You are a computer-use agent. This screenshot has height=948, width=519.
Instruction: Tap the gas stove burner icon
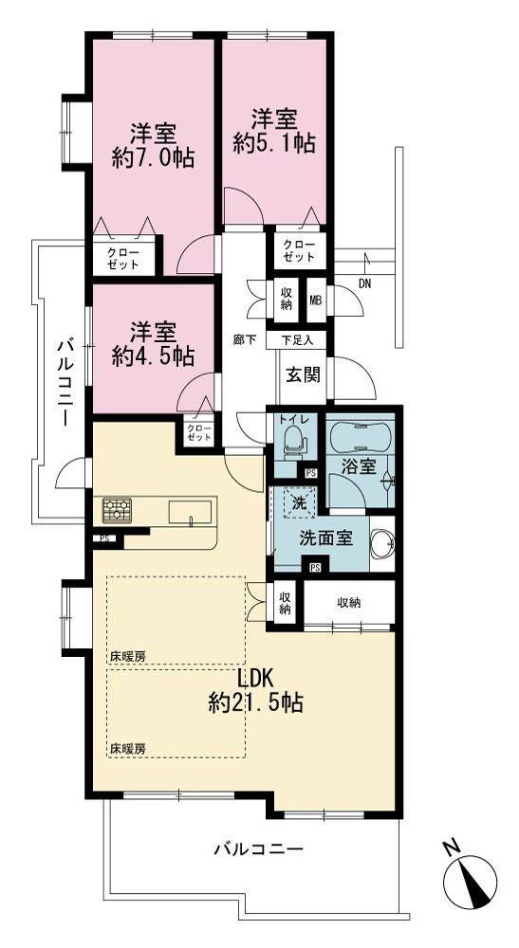117,510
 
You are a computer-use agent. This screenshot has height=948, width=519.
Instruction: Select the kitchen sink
190,514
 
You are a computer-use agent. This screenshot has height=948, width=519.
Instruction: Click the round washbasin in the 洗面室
382,543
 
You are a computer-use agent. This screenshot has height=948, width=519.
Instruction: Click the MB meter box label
316,301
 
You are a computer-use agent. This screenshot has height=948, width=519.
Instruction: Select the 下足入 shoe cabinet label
297,339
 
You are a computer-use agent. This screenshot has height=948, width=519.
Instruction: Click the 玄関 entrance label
302,374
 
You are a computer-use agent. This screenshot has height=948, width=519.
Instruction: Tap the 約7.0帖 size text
153,158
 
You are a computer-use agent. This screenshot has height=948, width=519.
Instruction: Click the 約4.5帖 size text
153,356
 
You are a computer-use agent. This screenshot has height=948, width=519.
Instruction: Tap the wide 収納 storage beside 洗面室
349,602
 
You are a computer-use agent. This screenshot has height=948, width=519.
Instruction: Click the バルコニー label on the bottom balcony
258,849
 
